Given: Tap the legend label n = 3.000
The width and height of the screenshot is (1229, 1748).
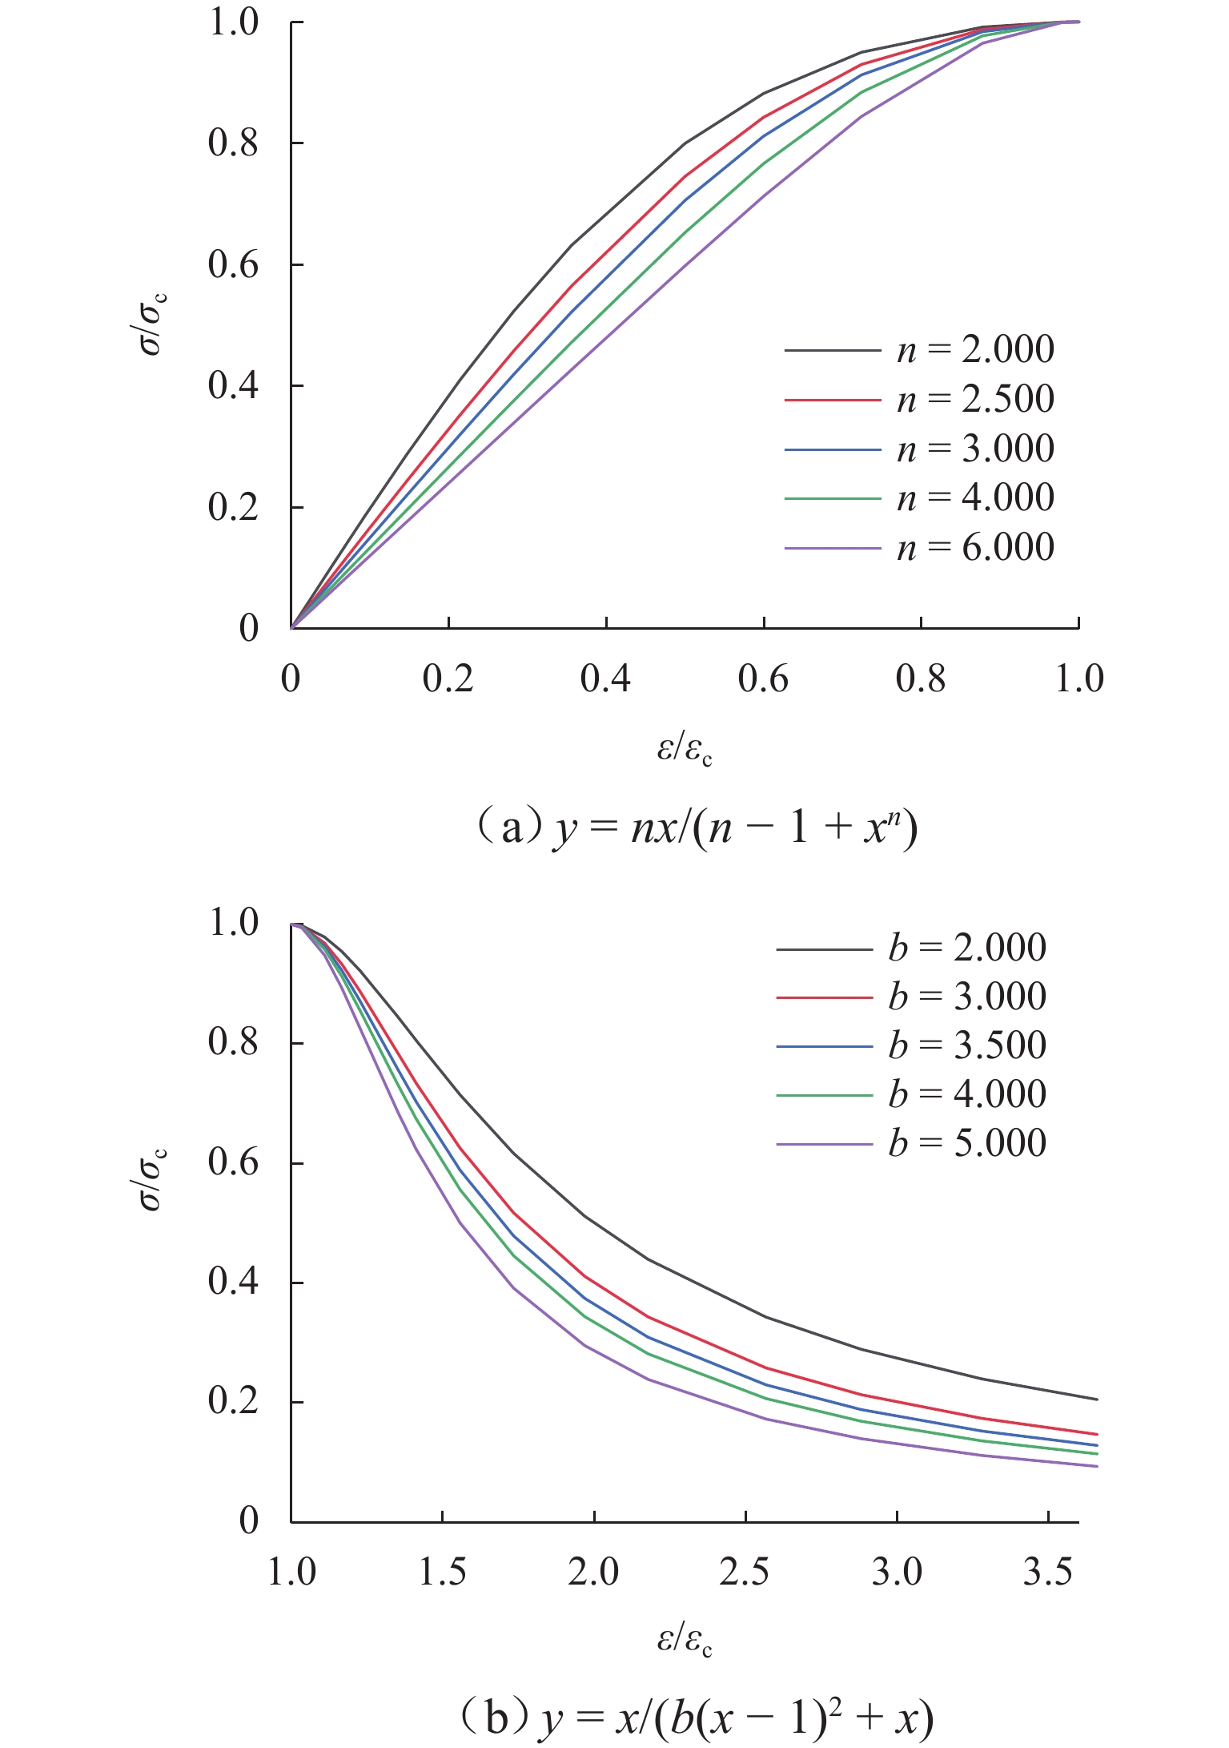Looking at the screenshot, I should click(x=974, y=449).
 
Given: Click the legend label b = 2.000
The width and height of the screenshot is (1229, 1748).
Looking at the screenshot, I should click(x=966, y=948).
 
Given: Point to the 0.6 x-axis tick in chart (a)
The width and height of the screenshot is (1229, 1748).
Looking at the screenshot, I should click(x=763, y=679).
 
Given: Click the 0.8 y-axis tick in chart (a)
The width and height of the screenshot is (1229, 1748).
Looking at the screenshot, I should click(x=233, y=143).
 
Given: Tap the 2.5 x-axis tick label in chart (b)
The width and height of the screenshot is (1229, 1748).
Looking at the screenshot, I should click(x=745, y=1573).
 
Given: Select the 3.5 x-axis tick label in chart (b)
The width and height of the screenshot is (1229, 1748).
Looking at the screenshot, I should click(x=1048, y=1573).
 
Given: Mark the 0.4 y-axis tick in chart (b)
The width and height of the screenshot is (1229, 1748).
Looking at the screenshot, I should click(x=233, y=1282).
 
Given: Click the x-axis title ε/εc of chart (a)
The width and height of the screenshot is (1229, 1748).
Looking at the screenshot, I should click(x=685, y=751).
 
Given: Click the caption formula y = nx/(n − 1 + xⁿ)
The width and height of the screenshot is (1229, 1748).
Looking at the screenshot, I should click(x=733, y=829).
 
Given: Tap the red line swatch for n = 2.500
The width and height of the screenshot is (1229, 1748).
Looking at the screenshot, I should click(x=832, y=399).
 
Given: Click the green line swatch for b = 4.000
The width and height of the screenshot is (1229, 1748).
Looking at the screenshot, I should click(x=824, y=1095).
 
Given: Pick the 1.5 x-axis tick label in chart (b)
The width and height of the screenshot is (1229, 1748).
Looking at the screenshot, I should click(x=443, y=1573).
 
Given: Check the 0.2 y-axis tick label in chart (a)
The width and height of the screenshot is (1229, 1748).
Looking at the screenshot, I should click(x=233, y=507).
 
